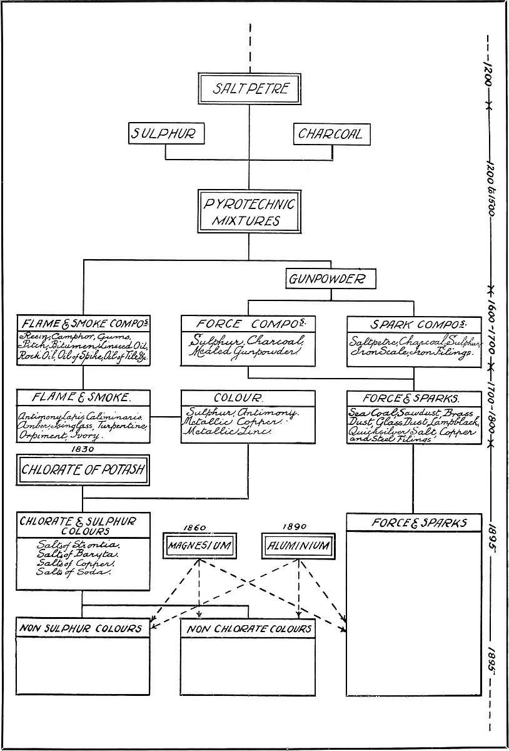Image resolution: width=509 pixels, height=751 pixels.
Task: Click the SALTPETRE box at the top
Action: click(250, 89)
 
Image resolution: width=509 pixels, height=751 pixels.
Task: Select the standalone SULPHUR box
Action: click(165, 134)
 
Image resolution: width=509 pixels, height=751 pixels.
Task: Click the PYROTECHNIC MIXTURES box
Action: click(249, 212)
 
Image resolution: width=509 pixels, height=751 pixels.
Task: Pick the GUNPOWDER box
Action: click(331, 279)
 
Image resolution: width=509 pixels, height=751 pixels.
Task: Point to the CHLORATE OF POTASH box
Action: click(83, 471)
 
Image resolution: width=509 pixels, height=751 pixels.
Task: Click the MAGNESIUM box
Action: click(199, 546)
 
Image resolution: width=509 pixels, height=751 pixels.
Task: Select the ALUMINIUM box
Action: click(298, 546)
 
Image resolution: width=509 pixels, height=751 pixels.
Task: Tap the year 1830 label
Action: click(83, 449)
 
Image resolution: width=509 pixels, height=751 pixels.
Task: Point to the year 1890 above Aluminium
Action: click(294, 527)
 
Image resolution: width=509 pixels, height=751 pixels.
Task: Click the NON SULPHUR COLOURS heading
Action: click(80, 628)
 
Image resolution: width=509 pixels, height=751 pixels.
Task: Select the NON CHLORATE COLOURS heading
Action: click(248, 628)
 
